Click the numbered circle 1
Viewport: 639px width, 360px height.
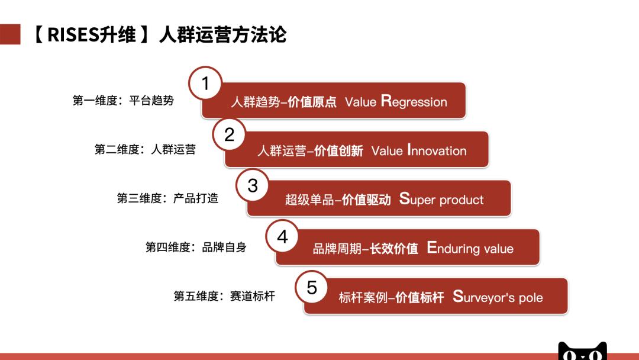click(205, 83)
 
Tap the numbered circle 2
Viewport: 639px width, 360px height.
click(229, 134)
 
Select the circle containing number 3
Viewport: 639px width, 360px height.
click(253, 185)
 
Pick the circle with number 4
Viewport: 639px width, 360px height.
click(282, 236)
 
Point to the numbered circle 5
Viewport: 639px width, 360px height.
click(311, 287)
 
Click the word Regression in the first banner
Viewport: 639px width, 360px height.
click(414, 101)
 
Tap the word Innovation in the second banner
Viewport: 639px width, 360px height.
click(437, 150)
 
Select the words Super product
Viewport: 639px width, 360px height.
click(441, 200)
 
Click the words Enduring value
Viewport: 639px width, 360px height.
click(470, 248)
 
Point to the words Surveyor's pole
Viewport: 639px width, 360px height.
click(498, 297)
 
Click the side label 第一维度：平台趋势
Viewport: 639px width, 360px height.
click(123, 101)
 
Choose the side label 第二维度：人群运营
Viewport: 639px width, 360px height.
click(145, 150)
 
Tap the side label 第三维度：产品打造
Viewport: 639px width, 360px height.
click(167, 198)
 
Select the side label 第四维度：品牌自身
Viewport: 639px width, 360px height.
click(196, 247)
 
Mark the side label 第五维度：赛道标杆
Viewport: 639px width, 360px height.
click(224, 296)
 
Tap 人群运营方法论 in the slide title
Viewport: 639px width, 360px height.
click(222, 35)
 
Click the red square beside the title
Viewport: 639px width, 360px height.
click(10, 34)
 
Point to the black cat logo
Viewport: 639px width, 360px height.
click(583, 351)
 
